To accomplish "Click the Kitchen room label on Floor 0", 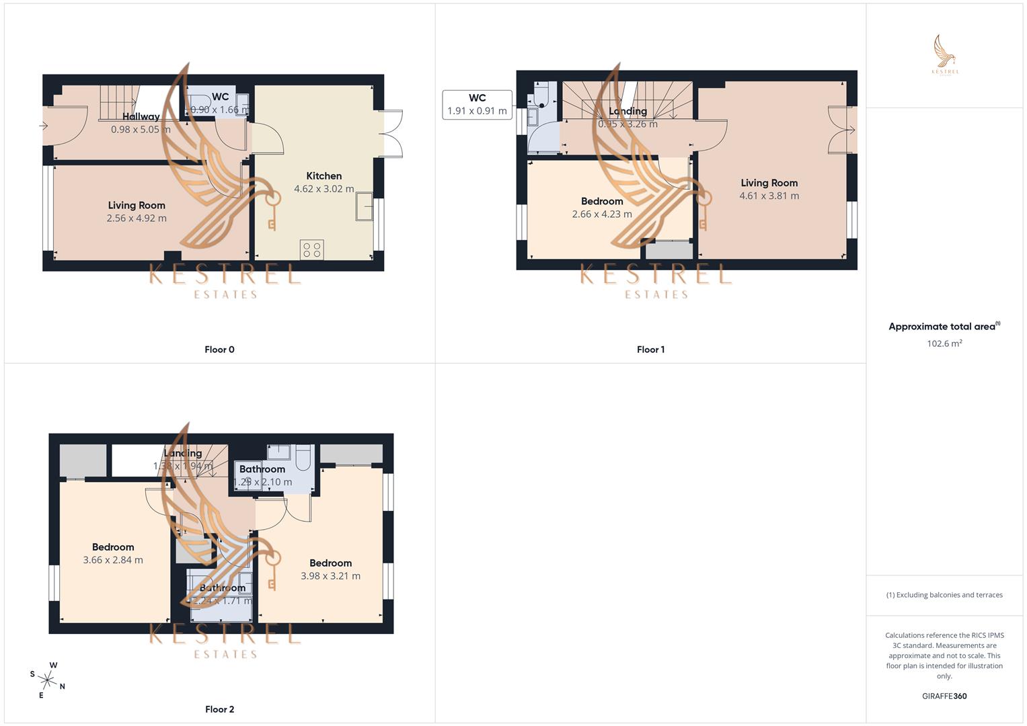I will [x=324, y=176].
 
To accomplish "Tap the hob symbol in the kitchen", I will [x=312, y=250].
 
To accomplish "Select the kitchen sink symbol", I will [x=365, y=206].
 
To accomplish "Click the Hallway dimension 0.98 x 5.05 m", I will [x=141, y=129].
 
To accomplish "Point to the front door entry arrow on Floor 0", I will [x=44, y=126].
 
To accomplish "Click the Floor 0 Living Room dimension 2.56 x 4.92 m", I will [x=137, y=218].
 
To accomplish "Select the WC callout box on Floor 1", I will [x=477, y=105].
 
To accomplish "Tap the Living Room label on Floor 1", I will [x=769, y=183].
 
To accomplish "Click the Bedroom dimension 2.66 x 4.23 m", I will [x=602, y=214].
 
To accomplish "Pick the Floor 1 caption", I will [x=650, y=350].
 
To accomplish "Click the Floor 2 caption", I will [x=219, y=709].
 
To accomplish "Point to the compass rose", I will [x=48, y=680].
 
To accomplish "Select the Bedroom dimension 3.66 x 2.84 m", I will [x=113, y=560].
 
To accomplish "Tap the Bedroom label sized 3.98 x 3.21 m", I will [x=330, y=563].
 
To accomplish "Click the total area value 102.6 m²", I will [x=944, y=344].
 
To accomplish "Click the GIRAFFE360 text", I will [x=944, y=696].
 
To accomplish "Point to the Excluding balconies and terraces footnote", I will [x=944, y=595].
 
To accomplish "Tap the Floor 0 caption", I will [x=219, y=350].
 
